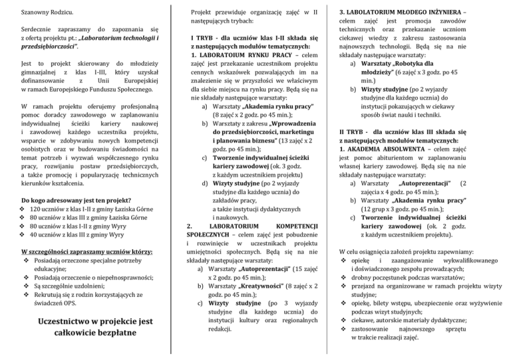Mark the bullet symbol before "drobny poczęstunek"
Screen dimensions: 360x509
(x=342, y=270)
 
